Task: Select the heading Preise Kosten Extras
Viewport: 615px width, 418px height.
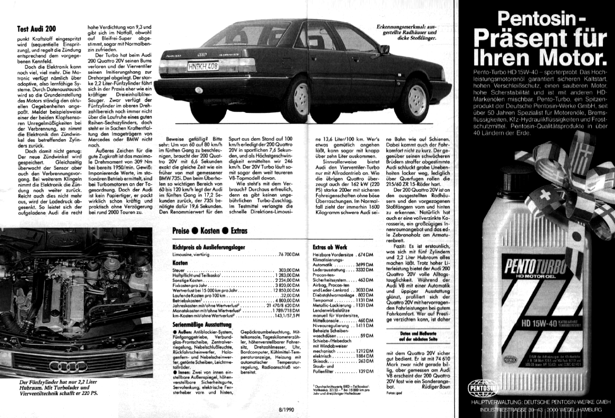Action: [210, 231]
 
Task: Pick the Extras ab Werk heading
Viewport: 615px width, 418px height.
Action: [329, 246]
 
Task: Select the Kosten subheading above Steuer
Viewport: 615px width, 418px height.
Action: [180, 262]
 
